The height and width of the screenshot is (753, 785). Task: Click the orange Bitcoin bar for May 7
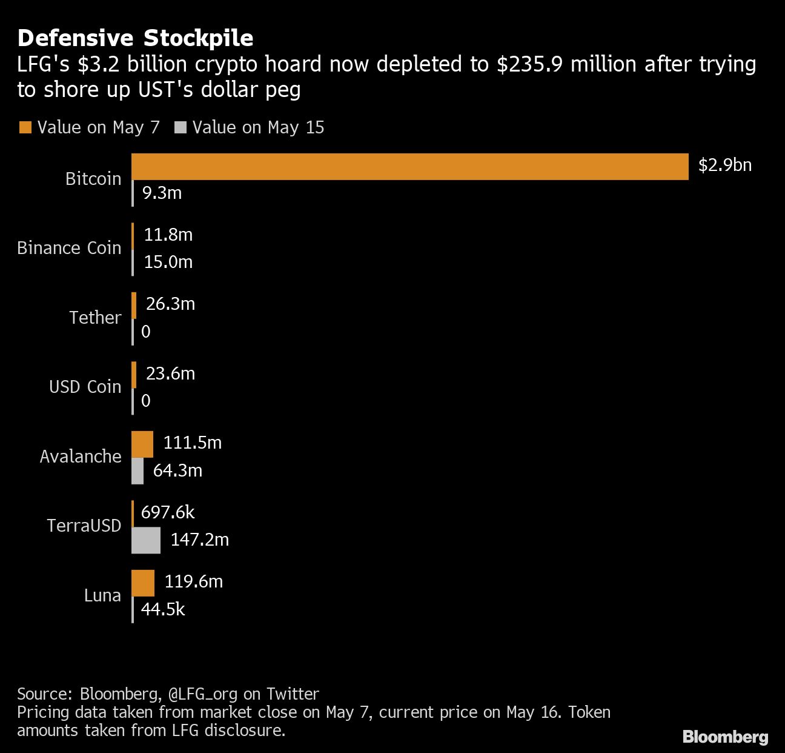click(409, 167)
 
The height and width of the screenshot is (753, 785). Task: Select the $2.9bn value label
click(724, 165)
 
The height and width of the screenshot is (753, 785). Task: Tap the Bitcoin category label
click(93, 179)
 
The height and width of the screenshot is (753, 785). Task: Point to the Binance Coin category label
click(69, 248)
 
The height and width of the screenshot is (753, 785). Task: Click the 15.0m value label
click(168, 262)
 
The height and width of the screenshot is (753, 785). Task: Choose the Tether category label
click(95, 318)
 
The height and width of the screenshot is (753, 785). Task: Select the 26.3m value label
click(170, 304)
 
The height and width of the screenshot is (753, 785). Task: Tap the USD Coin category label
click(85, 387)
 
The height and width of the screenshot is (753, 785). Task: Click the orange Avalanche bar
click(142, 444)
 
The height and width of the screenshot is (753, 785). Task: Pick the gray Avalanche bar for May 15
click(137, 471)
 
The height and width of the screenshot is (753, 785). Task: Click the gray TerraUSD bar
click(146, 540)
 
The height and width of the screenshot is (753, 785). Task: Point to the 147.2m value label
click(199, 540)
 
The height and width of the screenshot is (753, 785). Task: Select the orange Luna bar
click(143, 583)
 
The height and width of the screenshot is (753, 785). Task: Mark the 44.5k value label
click(162, 609)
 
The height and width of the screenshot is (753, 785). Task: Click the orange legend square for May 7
click(25, 127)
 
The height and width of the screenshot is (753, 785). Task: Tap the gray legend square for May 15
click(180, 127)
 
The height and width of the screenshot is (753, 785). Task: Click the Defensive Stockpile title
click(135, 38)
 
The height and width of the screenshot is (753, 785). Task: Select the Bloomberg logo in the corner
click(725, 737)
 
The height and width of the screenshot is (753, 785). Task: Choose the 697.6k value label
click(167, 512)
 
